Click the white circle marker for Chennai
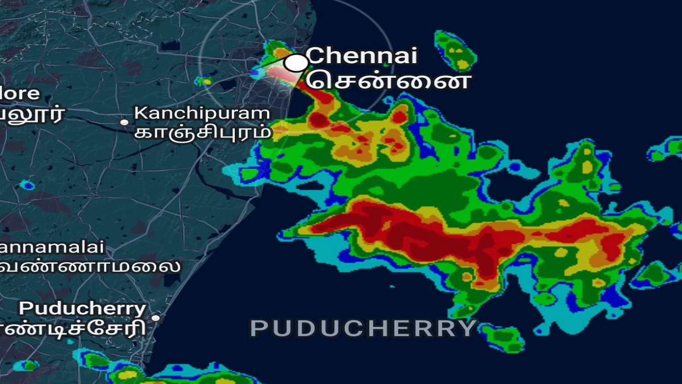295,63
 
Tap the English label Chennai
362,56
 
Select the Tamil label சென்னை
389,80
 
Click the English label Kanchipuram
202,113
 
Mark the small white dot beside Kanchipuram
124,122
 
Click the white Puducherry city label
83,309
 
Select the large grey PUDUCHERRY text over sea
363,328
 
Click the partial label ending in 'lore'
20,93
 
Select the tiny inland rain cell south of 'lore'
27,185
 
